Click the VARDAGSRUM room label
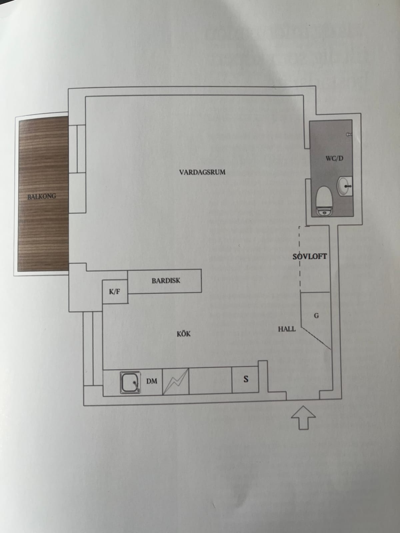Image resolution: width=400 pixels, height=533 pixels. coord(202,172)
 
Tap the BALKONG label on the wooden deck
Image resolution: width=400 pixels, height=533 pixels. coord(42,197)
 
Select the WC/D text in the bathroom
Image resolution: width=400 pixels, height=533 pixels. coord(334,158)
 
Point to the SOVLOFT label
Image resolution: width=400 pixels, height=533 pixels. coord(310,257)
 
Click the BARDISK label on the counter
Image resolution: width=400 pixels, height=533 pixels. coord(166,281)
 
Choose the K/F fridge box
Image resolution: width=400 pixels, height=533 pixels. coord(115,291)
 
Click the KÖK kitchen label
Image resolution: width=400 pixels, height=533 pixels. coord(184,334)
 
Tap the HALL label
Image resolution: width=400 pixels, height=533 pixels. coord(287,329)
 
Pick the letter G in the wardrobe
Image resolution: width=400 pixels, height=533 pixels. coord(316,316)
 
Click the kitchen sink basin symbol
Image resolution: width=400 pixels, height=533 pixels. coord(130,382)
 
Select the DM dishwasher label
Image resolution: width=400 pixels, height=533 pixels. coord(152,381)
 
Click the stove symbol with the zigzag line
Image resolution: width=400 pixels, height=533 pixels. coord(176,381)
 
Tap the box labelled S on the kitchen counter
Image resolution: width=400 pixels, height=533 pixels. coord(245,379)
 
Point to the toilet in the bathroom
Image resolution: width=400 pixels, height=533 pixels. coord(324,201)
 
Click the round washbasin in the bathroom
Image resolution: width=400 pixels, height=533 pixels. coord(344,186)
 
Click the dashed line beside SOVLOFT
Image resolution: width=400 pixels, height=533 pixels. coord(300,259)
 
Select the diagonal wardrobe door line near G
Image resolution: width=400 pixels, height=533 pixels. coord(316,338)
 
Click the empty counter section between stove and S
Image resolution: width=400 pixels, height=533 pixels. coord(210,380)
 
